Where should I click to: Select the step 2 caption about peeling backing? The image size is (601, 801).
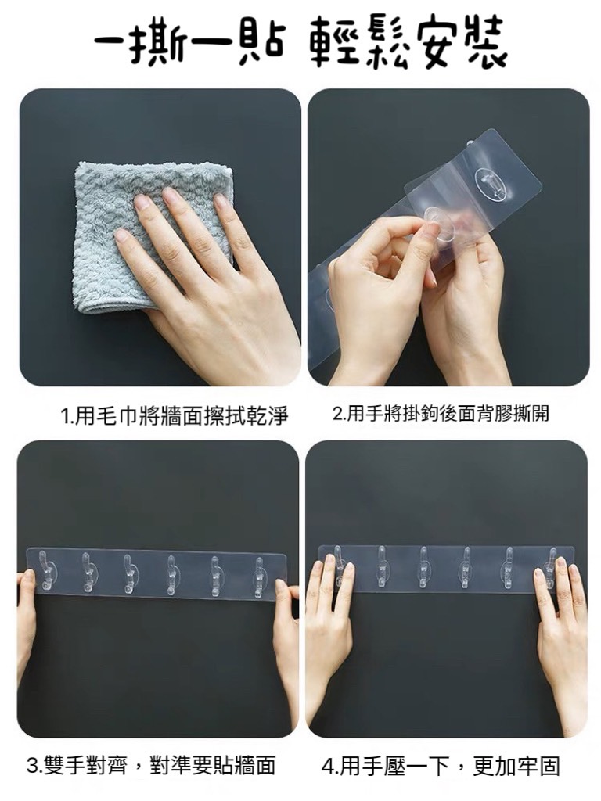coord(441,413)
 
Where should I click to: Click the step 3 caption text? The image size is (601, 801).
coord(151,765)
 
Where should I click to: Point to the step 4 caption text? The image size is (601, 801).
coord(441,766)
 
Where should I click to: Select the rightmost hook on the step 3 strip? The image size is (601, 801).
coord(260,577)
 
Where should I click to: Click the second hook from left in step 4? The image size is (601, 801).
coord(381,566)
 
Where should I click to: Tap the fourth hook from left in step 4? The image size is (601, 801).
coord(466,567)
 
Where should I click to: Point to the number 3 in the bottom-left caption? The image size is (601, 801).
coord(33,766)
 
